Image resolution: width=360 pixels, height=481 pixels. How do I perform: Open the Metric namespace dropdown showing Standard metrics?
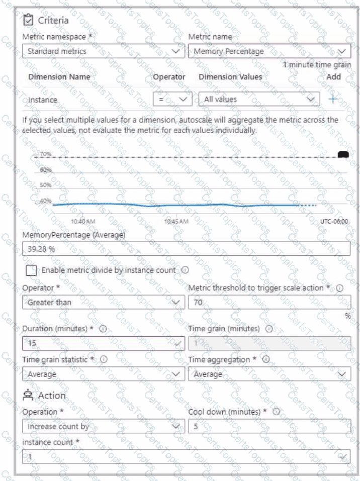pyautogui.click(x=103, y=51)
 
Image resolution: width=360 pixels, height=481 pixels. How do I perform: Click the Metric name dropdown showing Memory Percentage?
pyautogui.click(x=269, y=51)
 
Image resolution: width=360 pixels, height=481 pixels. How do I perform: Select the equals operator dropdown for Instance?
pyautogui.click(x=172, y=100)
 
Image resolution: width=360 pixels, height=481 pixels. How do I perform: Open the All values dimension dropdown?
pyautogui.click(x=259, y=100)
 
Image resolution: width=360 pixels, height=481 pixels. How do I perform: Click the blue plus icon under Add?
pyautogui.click(x=333, y=100)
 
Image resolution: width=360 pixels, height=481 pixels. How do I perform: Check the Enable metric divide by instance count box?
pyautogui.click(x=31, y=270)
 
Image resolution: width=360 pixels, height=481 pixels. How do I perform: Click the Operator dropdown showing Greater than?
pyautogui.click(x=103, y=302)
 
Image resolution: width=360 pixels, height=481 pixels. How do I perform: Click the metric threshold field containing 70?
pyautogui.click(x=269, y=302)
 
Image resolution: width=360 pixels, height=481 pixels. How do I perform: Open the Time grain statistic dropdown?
pyautogui.click(x=103, y=374)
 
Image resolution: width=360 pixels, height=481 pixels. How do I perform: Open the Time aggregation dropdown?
pyautogui.click(x=269, y=374)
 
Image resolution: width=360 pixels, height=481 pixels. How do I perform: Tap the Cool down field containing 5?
pyautogui.click(x=269, y=426)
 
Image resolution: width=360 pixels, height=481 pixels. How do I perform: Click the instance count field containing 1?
pyautogui.click(x=186, y=456)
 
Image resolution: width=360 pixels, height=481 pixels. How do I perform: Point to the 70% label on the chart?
pyautogui.click(x=46, y=154)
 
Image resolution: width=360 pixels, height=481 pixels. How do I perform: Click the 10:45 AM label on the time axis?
pyautogui.click(x=176, y=221)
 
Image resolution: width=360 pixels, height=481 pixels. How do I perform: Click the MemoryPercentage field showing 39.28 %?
pyautogui.click(x=186, y=249)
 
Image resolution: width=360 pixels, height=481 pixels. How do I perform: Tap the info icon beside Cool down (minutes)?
pyautogui.click(x=276, y=411)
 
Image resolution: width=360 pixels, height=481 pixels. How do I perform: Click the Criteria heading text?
pyautogui.click(x=53, y=21)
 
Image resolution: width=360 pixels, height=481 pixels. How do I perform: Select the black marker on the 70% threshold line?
pyautogui.click(x=343, y=154)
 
